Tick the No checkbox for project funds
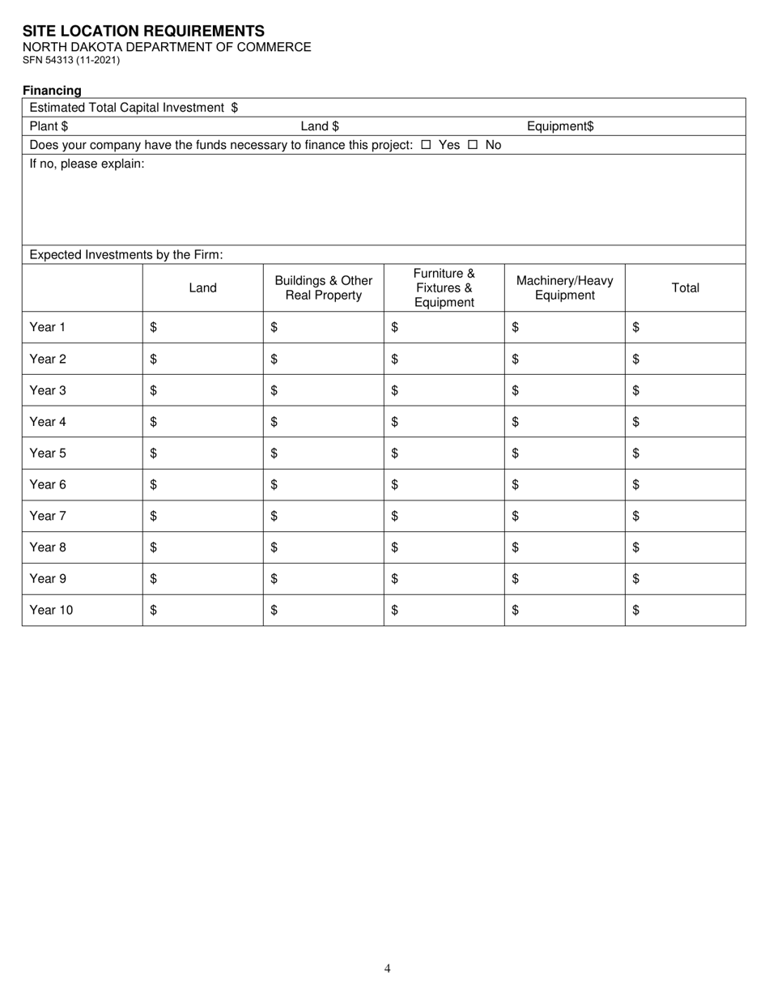473,145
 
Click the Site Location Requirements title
143,31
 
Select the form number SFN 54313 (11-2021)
71,60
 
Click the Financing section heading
52,91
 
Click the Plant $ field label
49,126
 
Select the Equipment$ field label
560,126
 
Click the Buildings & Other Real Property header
324,287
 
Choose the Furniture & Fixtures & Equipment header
444,287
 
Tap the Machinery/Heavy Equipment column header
564,287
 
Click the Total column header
685,287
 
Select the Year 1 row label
47,327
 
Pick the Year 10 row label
51,611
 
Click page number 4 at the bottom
388,968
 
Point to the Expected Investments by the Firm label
125,254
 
